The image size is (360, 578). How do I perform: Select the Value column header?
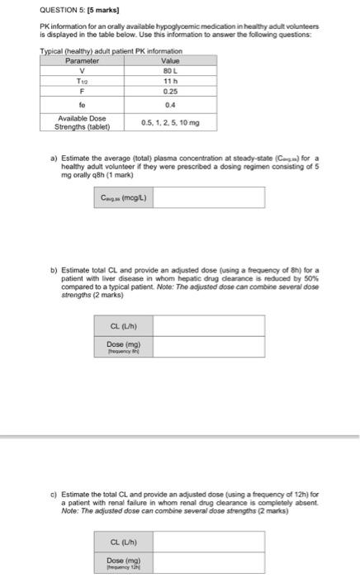coord(170,61)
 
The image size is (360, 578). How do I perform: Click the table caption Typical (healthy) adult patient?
coord(111,51)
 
